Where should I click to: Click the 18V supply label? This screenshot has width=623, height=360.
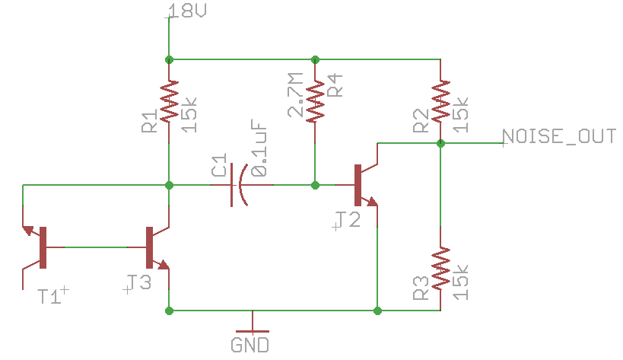click(188, 11)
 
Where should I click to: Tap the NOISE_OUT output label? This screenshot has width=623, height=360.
click(559, 136)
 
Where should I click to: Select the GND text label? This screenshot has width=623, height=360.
click(250, 345)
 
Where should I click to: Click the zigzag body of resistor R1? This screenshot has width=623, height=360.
click(169, 101)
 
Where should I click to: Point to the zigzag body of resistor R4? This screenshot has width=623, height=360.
click(315, 101)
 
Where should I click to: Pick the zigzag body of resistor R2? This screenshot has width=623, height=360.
click(440, 101)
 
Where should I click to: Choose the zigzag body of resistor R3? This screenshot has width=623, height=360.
click(440, 268)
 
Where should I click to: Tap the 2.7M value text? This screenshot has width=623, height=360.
click(295, 95)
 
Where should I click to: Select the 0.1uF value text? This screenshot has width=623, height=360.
click(259, 148)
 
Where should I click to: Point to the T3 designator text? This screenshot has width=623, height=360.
click(139, 282)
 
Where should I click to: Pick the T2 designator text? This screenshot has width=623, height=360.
click(348, 219)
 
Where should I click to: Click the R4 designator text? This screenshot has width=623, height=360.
click(335, 85)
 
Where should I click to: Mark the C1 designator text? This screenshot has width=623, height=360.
click(218, 164)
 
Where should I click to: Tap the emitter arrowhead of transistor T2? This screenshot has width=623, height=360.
click(372, 202)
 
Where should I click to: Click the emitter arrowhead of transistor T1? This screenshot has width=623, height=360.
click(28, 230)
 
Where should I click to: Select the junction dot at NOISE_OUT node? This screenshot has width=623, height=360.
click(440, 143)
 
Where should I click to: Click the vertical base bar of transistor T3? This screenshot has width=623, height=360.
click(149, 247)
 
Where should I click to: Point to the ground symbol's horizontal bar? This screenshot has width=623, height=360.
click(253, 331)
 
